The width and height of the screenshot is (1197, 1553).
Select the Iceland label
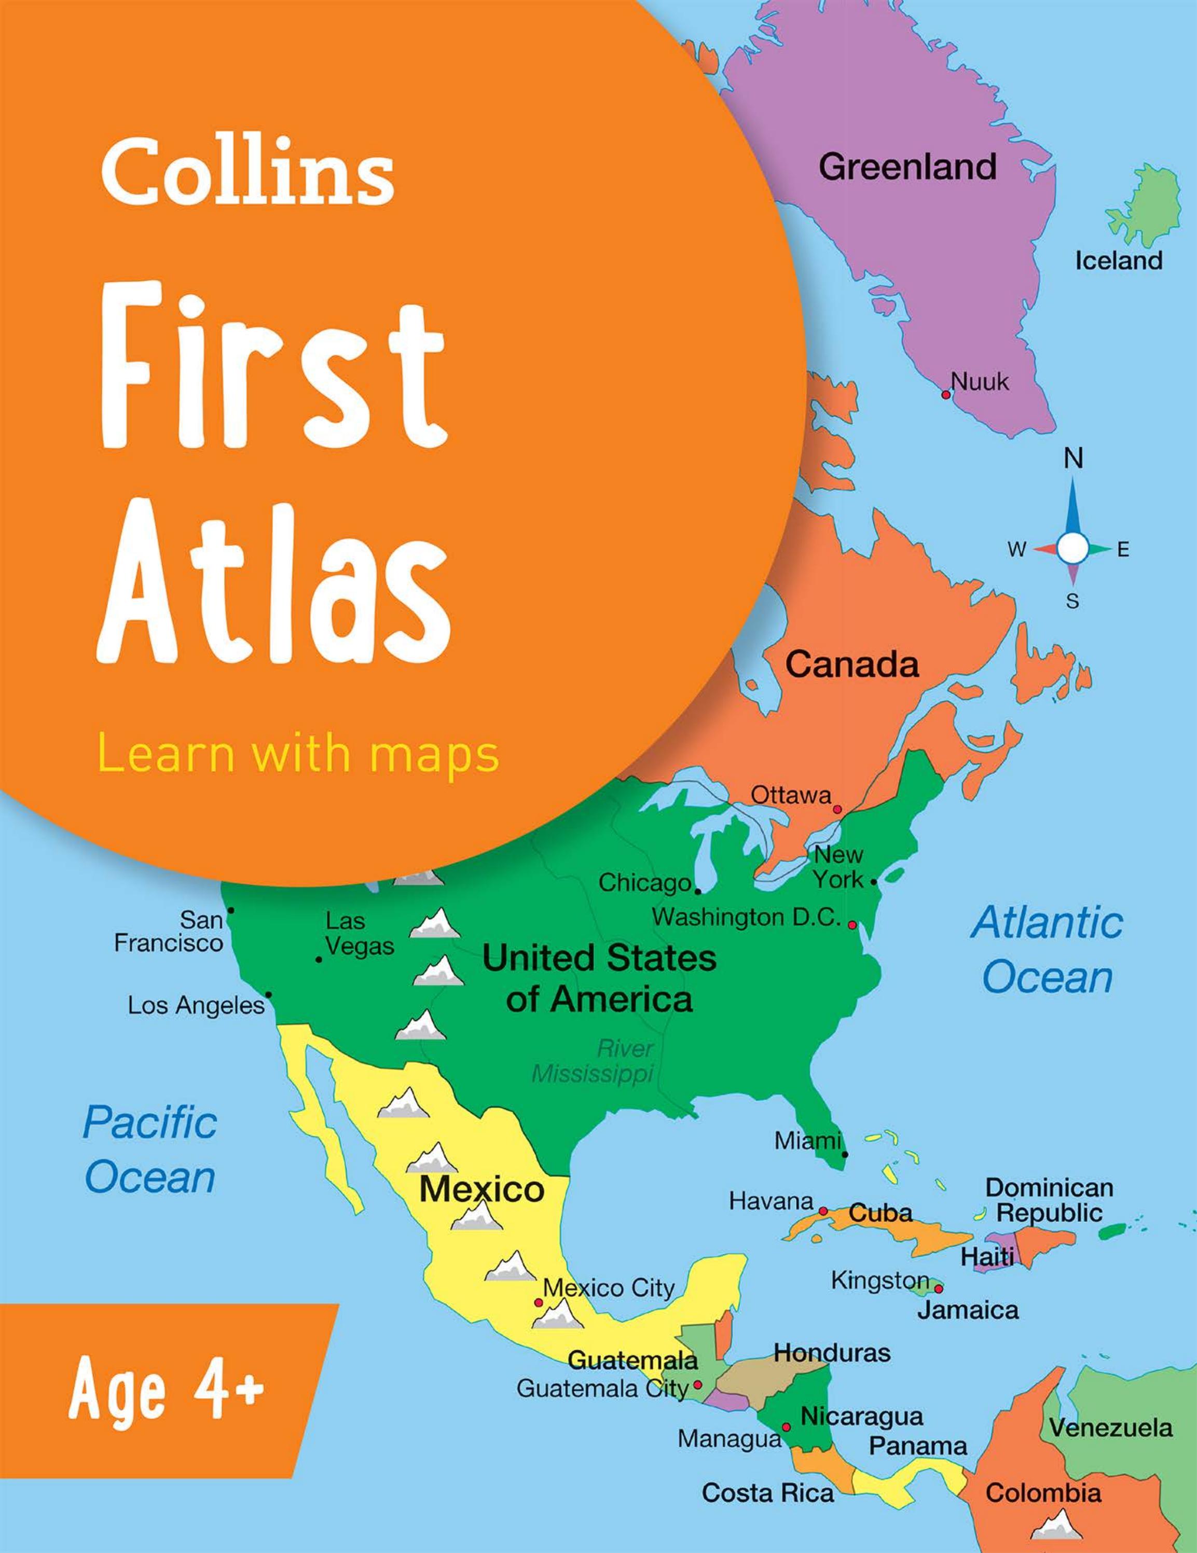1118,261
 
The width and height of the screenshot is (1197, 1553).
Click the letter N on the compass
1073,460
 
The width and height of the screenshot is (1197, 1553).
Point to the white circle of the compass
1072,548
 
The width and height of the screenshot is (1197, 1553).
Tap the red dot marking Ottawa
837,809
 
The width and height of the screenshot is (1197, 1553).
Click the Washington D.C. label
747,918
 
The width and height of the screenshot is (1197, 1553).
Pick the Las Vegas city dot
319,960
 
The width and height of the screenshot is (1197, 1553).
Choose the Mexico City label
609,1288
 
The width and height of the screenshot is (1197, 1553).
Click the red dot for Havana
823,1211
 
